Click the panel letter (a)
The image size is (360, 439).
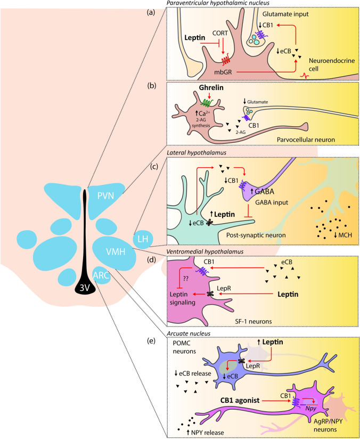157,10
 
